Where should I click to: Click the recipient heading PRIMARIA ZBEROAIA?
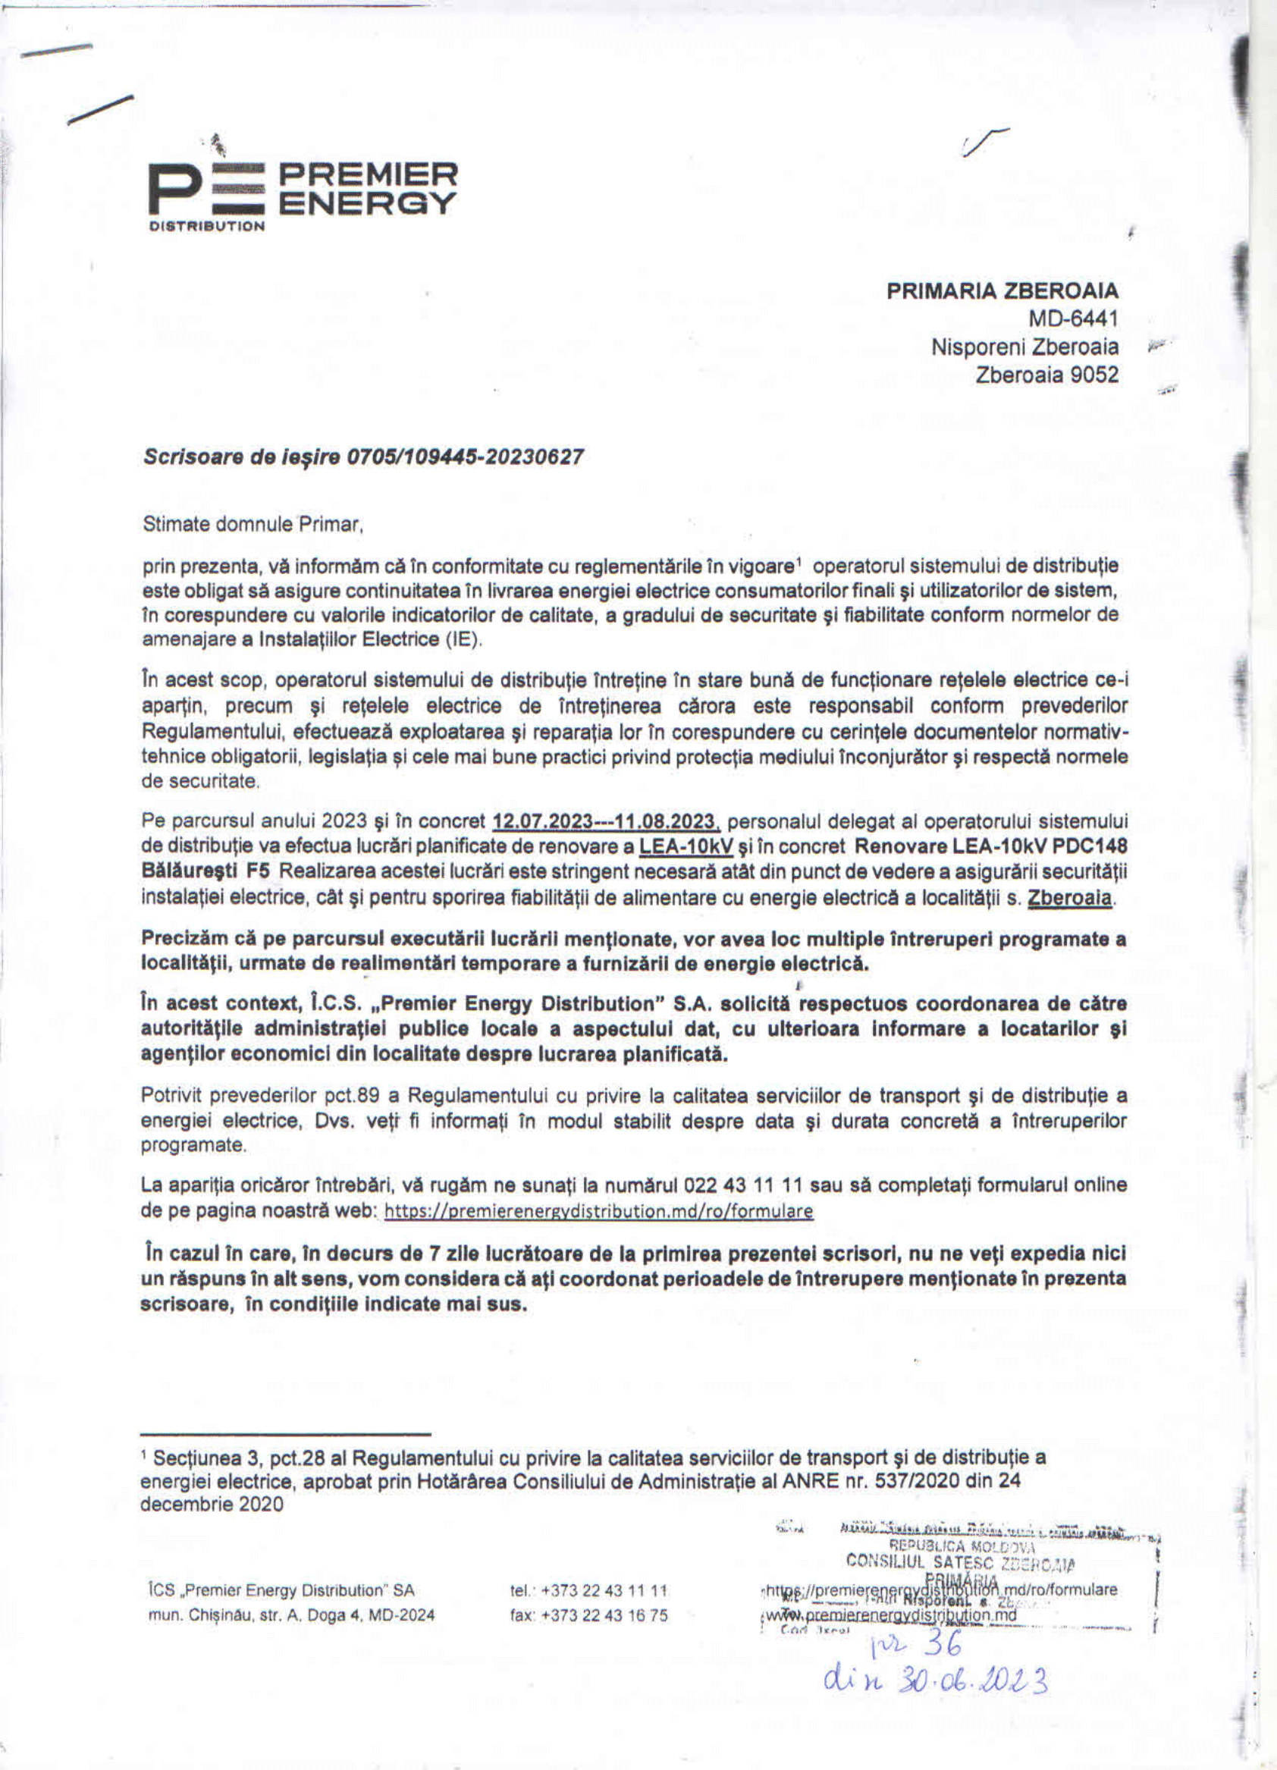[1002, 291]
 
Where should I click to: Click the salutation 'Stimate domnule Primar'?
[253, 525]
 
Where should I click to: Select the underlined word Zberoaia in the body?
[1070, 897]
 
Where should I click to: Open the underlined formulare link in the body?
[600, 1211]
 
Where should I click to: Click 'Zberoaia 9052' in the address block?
[1046, 375]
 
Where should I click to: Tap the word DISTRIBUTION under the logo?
[207, 227]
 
